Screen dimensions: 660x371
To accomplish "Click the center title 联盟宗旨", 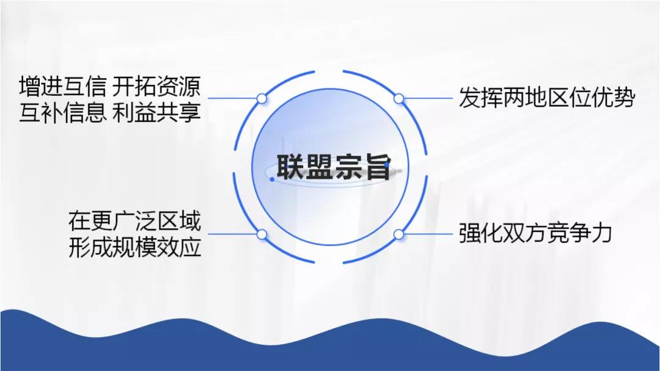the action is pos(334,167).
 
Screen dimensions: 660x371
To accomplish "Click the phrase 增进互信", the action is pos(63,86).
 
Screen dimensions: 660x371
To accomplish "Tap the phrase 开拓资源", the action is pos(156,86).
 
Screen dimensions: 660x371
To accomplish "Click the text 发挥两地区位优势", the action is pos(547,98).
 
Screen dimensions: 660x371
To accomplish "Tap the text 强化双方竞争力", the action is pos(535,233).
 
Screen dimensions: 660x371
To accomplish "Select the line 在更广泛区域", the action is pos(134,221).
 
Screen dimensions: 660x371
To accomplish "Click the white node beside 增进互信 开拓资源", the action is pos(262,99).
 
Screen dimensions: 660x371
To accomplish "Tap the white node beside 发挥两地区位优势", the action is pos(398,99).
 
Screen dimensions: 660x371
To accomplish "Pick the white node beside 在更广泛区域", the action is pos(262,234).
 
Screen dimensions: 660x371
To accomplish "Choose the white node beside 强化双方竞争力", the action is pos(398,234).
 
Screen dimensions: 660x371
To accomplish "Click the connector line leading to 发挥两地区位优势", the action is pos(428,99).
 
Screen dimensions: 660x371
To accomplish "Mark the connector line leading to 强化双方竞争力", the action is pos(428,234).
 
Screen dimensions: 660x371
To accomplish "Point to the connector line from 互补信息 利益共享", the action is pos(232,99).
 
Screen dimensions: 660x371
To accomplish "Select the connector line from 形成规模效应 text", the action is pos(232,234).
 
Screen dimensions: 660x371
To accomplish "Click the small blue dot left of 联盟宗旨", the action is pos(273,179).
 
